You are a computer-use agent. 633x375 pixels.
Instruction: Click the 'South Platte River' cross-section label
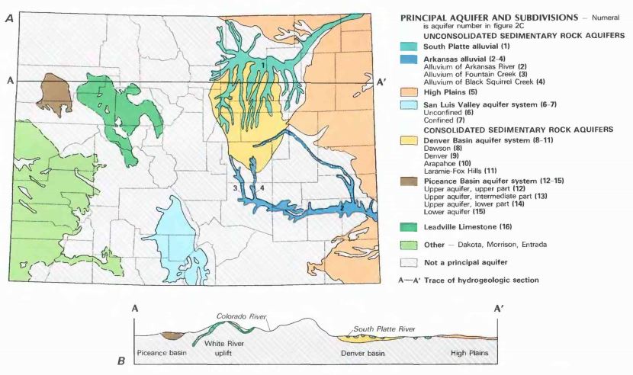[385, 329]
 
